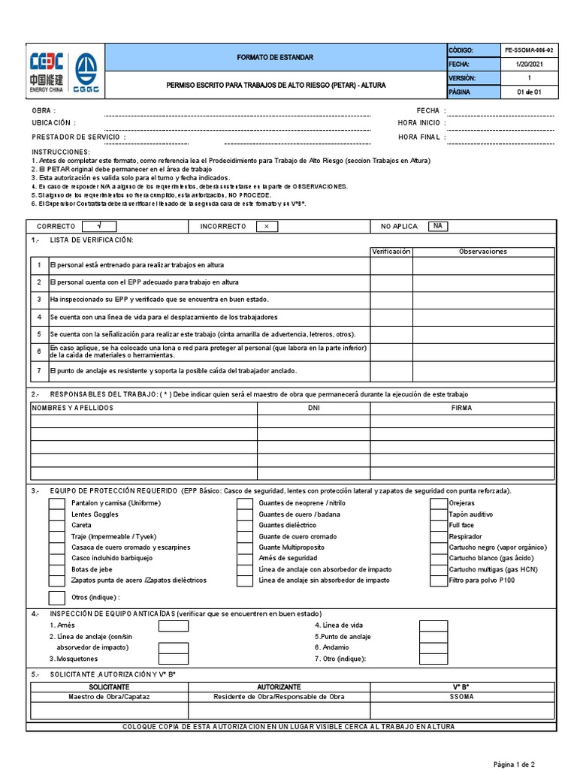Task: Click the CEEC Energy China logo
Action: (46, 72)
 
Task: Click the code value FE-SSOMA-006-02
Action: (530, 50)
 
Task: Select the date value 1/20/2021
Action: (530, 65)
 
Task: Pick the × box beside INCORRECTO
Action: (267, 226)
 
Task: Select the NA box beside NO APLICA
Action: (438, 226)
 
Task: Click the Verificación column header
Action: (391, 252)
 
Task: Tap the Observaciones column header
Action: (483, 252)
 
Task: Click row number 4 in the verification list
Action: (39, 317)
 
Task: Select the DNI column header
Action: (314, 407)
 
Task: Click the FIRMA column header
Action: (462, 407)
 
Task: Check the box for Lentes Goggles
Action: (57, 514)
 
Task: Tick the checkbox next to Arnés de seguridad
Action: (245, 559)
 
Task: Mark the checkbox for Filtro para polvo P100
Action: (439, 581)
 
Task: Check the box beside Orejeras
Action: (439, 503)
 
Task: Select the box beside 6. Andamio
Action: (434, 647)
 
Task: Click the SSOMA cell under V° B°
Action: (461, 697)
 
